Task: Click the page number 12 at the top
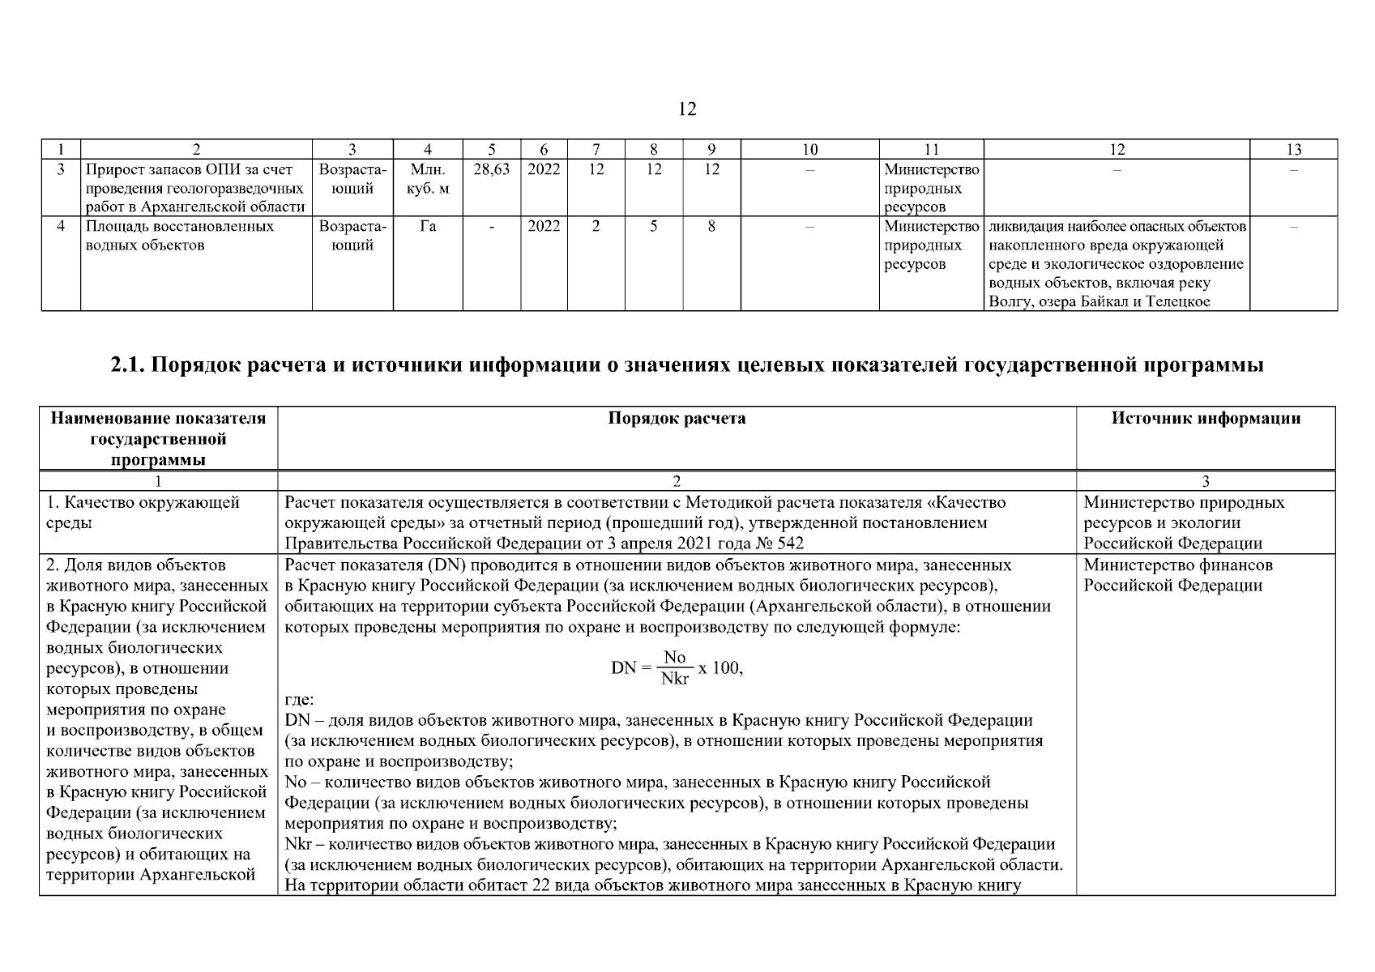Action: [687, 109]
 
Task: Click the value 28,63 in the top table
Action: [491, 170]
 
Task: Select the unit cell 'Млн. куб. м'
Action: [427, 179]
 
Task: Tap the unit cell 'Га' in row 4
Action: [427, 227]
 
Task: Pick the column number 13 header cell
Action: [1293, 149]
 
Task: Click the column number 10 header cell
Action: [809, 149]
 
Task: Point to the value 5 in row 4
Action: [653, 227]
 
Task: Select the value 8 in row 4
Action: [711, 227]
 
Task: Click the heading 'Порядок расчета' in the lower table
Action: [677, 419]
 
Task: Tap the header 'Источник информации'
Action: [1206, 419]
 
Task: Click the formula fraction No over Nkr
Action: [674, 667]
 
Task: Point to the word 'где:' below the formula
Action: [300, 700]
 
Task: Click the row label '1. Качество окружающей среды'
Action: [143, 512]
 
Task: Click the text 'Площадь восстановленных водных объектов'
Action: [180, 236]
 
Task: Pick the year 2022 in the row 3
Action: [543, 170]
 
